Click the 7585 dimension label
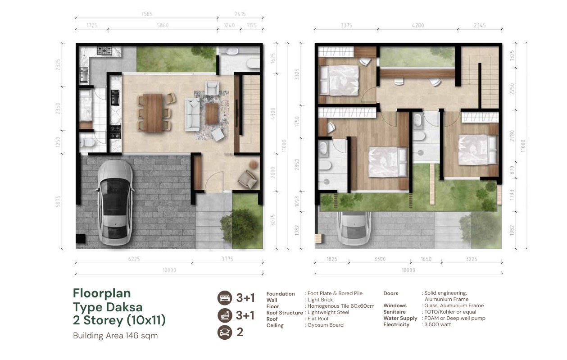[147, 14]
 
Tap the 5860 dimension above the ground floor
[163, 25]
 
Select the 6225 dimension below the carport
[134, 259]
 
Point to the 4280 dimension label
[418, 25]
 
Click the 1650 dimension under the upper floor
[426, 259]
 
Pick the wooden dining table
[153, 113]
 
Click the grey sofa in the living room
[192, 114]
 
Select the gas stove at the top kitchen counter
[104, 50]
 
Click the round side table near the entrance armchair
[253, 165]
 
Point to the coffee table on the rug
[212, 114]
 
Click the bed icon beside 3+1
[225, 298]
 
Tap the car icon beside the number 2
[225, 332]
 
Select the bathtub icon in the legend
[225, 315]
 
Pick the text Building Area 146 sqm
[115, 336]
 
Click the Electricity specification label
[396, 324]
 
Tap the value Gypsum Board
[326, 325]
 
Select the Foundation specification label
[281, 294]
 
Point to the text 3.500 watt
[438, 324]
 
